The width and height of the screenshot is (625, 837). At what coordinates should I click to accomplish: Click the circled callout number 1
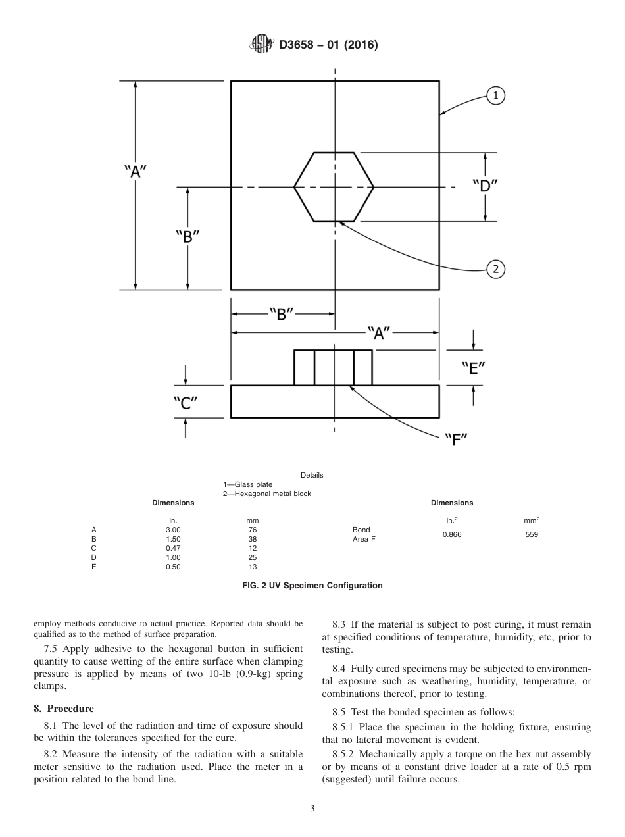point(495,96)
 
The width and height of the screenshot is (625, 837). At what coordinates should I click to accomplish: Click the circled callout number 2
point(495,268)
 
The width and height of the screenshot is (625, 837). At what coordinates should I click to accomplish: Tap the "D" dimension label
point(485,186)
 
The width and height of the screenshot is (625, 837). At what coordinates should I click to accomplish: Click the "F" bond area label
point(455,439)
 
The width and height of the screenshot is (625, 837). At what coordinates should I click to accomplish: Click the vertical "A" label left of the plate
point(136,171)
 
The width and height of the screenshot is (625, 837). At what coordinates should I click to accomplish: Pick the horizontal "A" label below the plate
point(378,333)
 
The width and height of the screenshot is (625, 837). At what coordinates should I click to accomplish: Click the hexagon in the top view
point(334,187)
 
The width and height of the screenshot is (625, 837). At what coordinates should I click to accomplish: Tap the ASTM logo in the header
point(261,45)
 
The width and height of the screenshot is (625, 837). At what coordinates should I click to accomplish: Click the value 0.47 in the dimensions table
point(173,548)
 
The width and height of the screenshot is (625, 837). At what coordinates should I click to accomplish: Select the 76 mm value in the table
point(252,530)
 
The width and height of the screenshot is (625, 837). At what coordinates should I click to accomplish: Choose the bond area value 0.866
point(452,534)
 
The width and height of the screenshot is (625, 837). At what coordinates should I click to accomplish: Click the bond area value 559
point(532,534)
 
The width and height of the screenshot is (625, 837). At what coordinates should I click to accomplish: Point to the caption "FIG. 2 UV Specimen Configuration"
point(312,585)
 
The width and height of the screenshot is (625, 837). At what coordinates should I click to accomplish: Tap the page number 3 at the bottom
point(312,809)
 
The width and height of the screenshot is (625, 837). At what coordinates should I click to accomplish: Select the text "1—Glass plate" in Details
point(247,485)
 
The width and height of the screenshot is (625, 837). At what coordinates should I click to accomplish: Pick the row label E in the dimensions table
point(93,567)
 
